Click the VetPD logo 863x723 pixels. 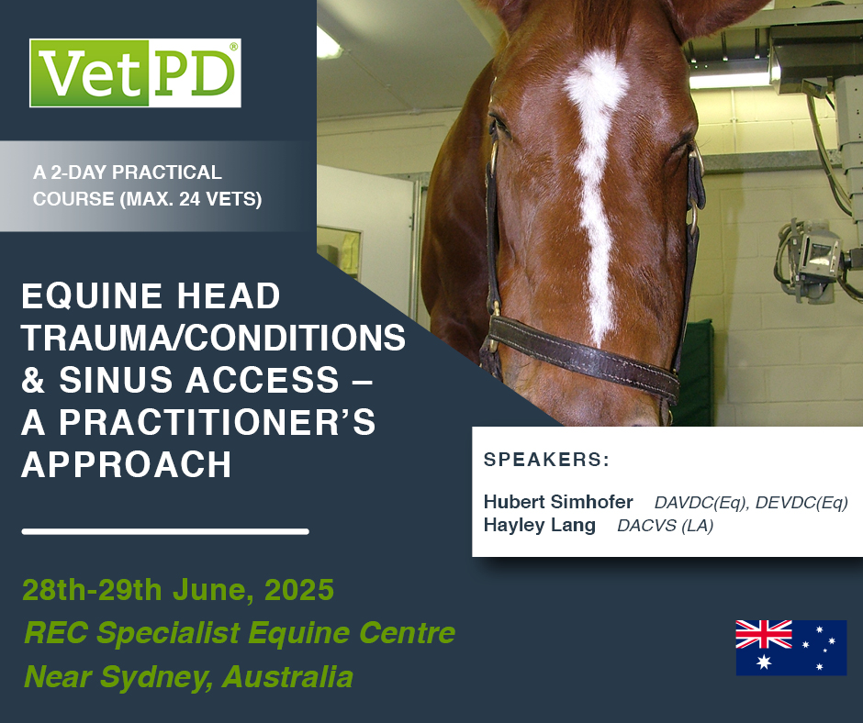pos(135,72)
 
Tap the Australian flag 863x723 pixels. pos(790,648)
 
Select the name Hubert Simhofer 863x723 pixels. pos(558,503)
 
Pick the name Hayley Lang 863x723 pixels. pos(540,526)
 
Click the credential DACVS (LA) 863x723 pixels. pos(665,527)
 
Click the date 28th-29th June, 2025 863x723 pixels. pos(178,590)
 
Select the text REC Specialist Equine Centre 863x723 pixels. pos(239,633)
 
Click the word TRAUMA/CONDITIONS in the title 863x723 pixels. pos(213,338)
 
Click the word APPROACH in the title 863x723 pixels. pos(127,464)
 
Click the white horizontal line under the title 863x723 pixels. pos(165,531)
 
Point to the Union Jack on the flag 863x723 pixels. pos(764,634)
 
